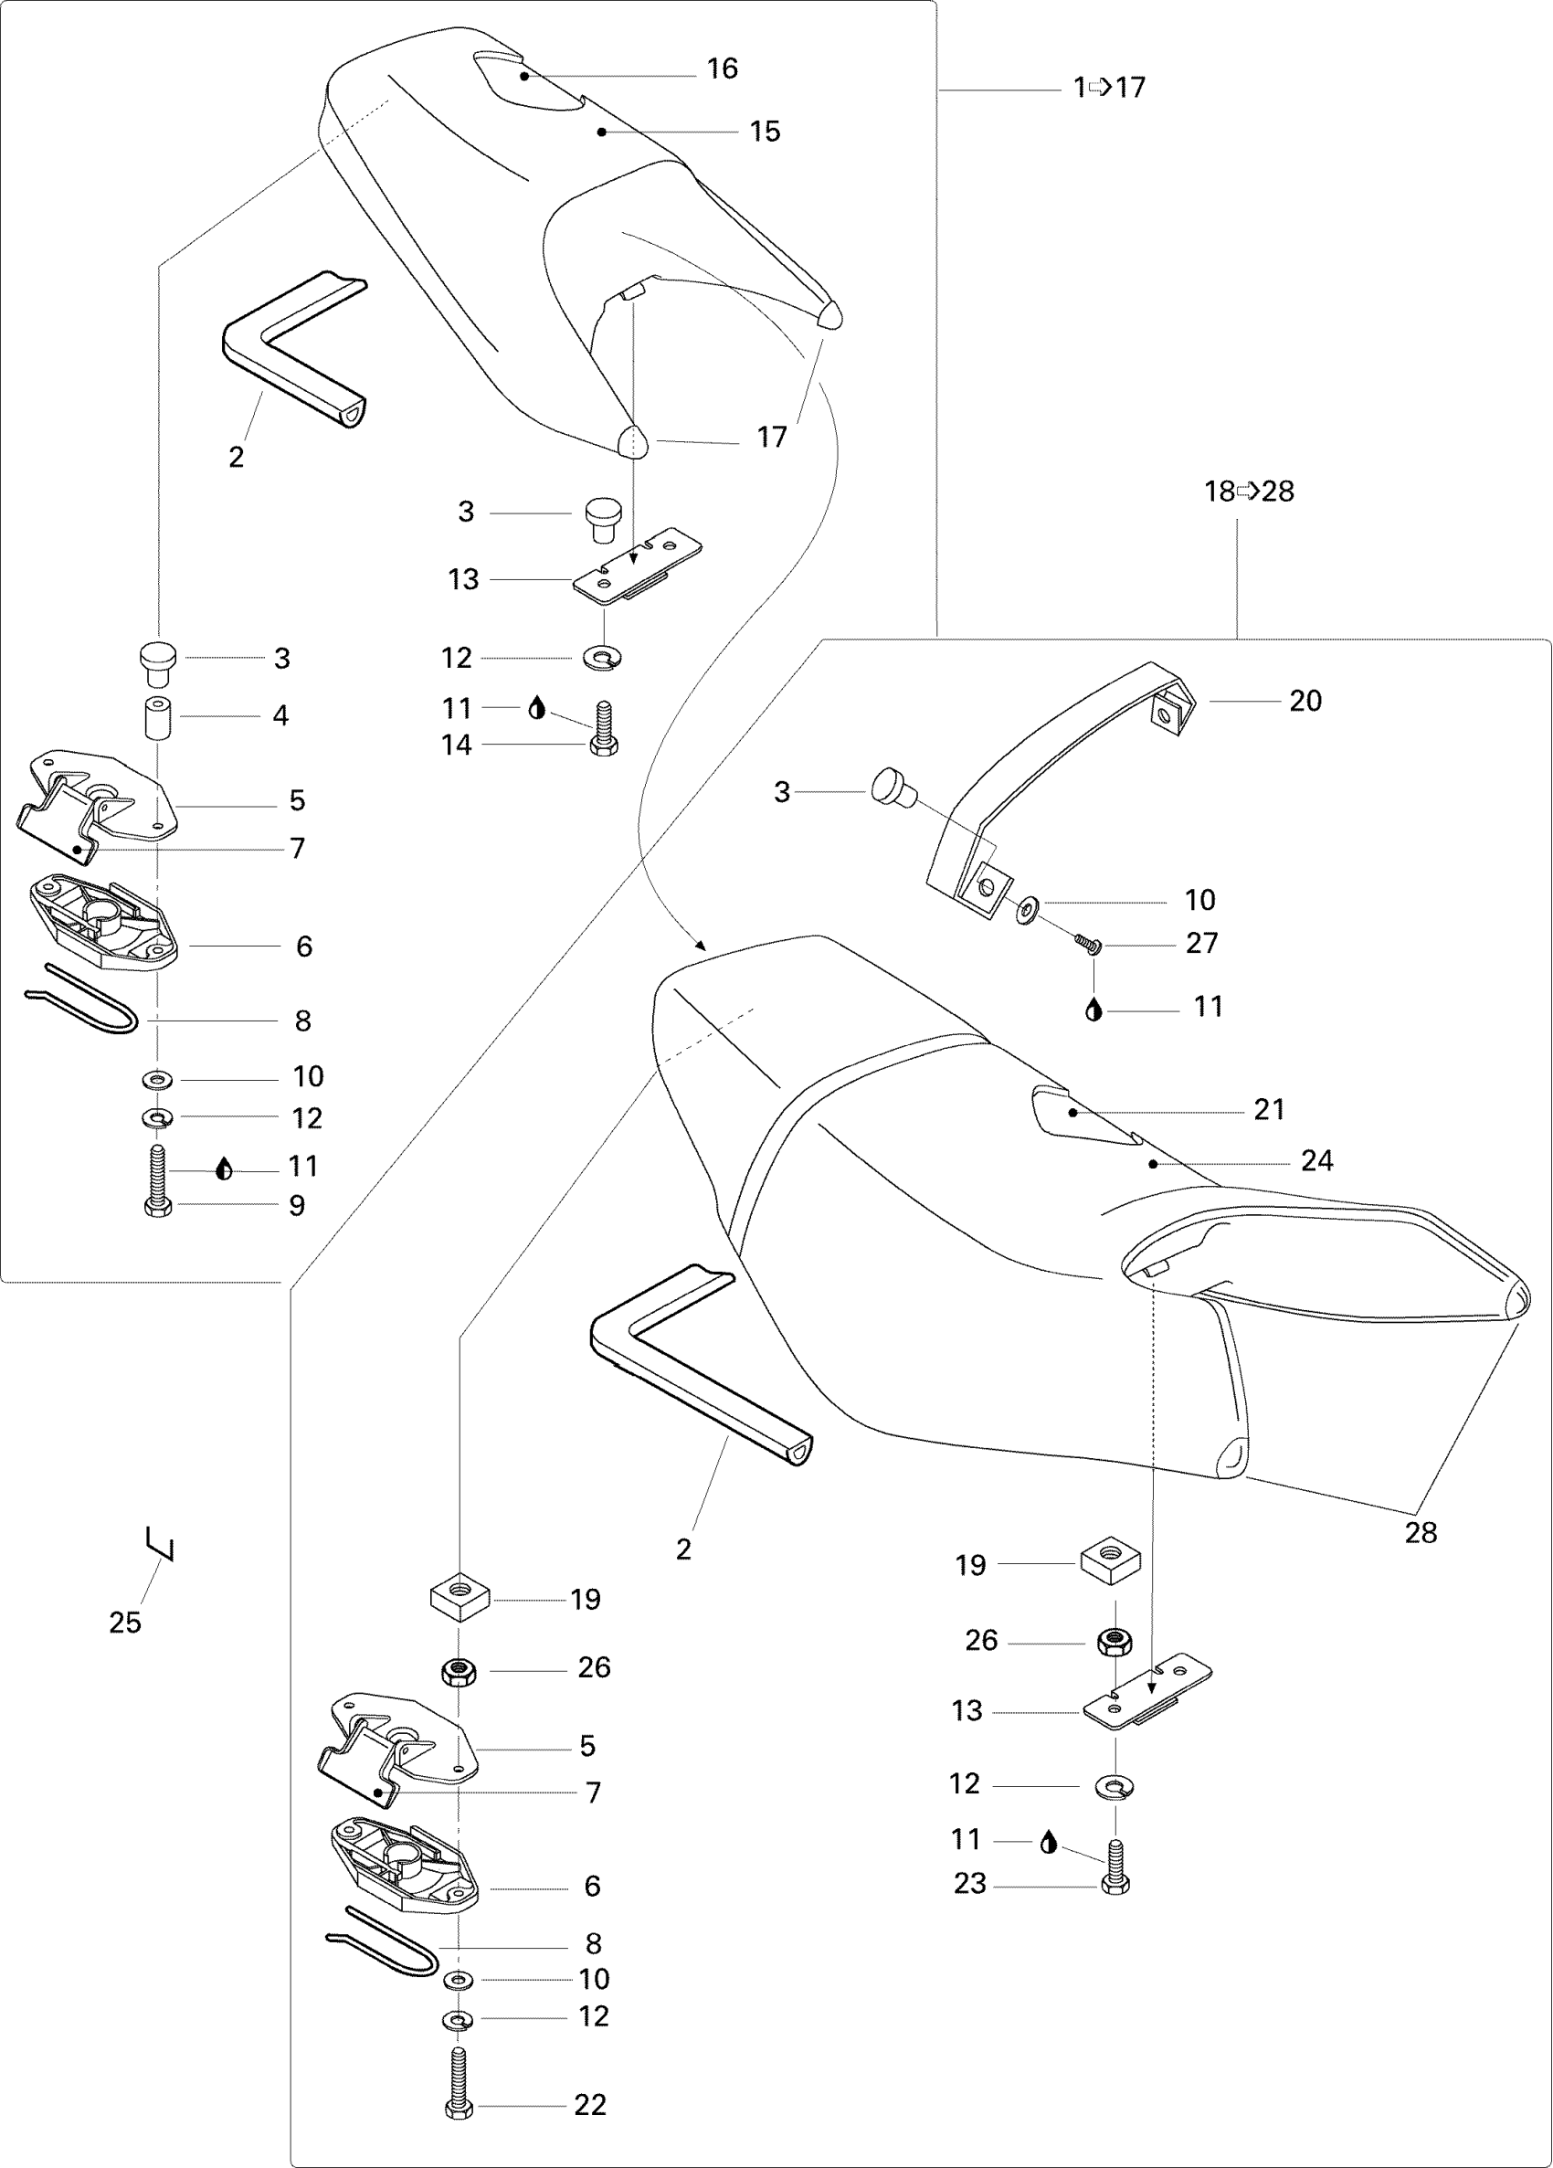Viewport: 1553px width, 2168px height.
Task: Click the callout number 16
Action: click(722, 69)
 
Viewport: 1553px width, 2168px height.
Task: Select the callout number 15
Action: click(765, 132)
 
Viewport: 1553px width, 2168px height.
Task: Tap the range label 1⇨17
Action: click(1109, 88)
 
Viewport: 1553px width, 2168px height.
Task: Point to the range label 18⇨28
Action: click(1248, 492)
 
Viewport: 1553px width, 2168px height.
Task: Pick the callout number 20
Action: click(1305, 701)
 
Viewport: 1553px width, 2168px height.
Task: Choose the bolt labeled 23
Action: click(1115, 1864)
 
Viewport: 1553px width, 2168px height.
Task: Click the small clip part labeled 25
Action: click(161, 1543)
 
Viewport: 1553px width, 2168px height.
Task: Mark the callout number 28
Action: click(1421, 1532)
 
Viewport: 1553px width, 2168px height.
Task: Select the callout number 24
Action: click(1316, 1160)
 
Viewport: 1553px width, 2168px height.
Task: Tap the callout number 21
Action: click(1269, 1109)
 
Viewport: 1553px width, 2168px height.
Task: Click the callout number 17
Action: click(771, 437)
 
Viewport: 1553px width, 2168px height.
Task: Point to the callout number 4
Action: click(280, 715)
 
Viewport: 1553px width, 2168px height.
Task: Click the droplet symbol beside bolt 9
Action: click(224, 1169)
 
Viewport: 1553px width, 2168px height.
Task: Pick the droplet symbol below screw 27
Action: click(1094, 1010)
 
